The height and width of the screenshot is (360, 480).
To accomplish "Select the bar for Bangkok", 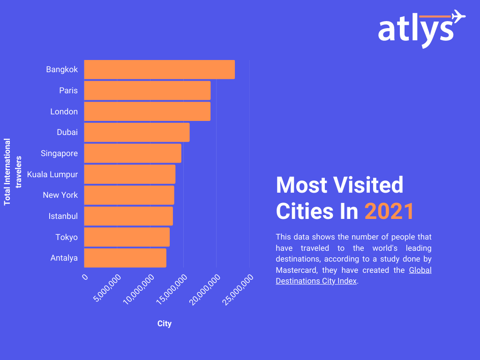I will [x=159, y=69].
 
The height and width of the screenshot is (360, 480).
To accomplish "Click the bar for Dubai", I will [x=137, y=132].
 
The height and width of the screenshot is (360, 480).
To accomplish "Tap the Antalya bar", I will [x=125, y=258].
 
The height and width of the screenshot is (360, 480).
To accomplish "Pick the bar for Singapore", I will [x=133, y=153].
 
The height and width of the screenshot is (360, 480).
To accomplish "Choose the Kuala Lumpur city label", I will [x=52, y=174].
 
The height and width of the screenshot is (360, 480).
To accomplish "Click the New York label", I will [x=60, y=195].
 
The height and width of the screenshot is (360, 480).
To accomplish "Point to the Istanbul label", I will [x=63, y=216].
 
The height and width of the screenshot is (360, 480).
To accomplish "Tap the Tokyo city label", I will [x=67, y=237].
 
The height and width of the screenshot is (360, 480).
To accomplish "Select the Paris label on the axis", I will [x=68, y=90].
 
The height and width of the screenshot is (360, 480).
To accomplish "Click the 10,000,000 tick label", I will [x=139, y=290].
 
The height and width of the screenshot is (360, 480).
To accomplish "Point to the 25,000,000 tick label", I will [x=238, y=290].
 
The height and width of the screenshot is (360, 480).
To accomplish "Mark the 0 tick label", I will [x=85, y=277].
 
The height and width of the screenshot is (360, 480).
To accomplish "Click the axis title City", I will [x=165, y=324].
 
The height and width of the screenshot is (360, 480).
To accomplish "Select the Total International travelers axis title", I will [x=13, y=172].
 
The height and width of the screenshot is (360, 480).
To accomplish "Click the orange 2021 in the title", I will [x=390, y=211].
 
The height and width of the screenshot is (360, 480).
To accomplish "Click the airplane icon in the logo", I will [x=458, y=16].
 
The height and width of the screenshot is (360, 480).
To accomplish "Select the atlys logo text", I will [x=415, y=30].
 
